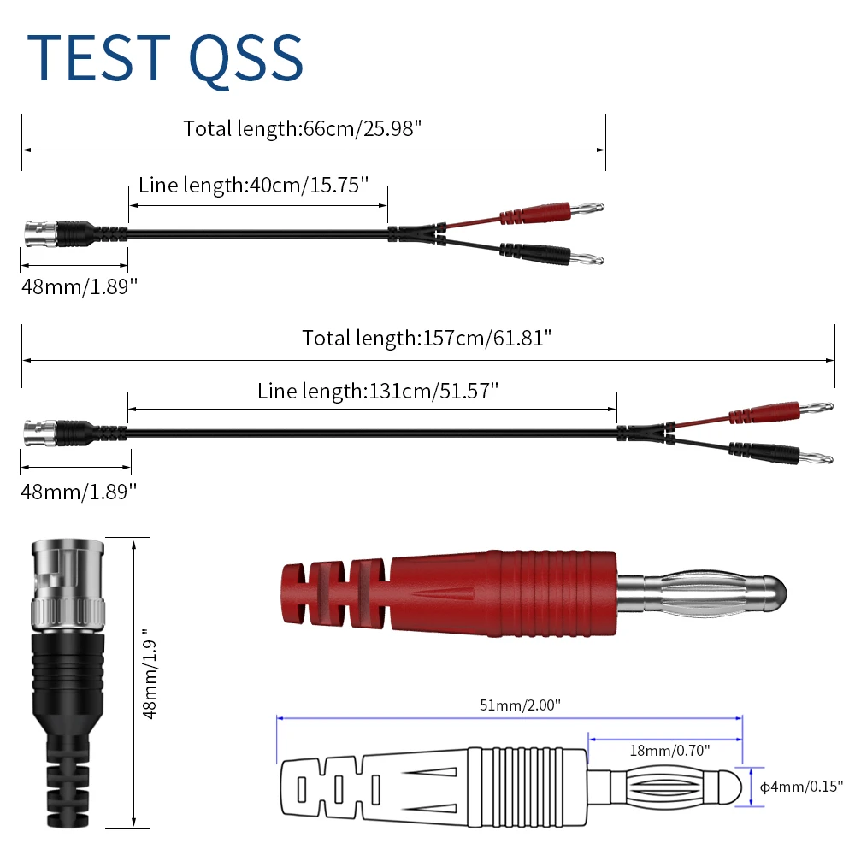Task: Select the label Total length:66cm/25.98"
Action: [303, 128]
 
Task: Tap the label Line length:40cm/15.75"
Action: [253, 185]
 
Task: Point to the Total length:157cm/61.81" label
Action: [427, 337]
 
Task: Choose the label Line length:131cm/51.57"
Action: [378, 392]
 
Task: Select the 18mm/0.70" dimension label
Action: [669, 750]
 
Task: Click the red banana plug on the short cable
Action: [547, 209]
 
